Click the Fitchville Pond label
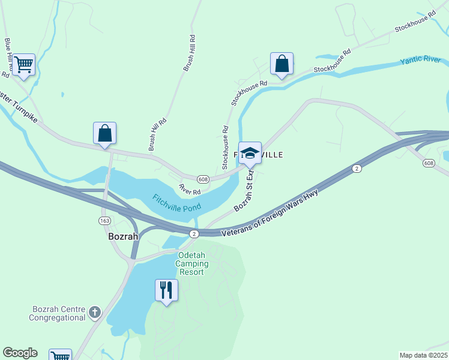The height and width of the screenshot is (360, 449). click(176, 202)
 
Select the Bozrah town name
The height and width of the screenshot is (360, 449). click(123, 236)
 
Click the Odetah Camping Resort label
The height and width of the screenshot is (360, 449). click(192, 263)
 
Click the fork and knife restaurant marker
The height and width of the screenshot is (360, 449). click(166, 290)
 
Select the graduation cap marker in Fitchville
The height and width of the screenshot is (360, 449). click(250, 152)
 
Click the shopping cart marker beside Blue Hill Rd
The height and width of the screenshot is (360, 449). click(23, 64)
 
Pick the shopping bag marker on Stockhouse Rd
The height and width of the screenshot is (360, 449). click(282, 64)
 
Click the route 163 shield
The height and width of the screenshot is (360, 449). click(103, 221)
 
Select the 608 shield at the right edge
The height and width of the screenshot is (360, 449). click(428, 163)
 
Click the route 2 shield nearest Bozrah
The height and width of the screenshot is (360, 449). click(193, 233)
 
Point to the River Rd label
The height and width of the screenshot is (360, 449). click(190, 190)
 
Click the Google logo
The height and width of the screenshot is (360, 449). click(20, 353)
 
